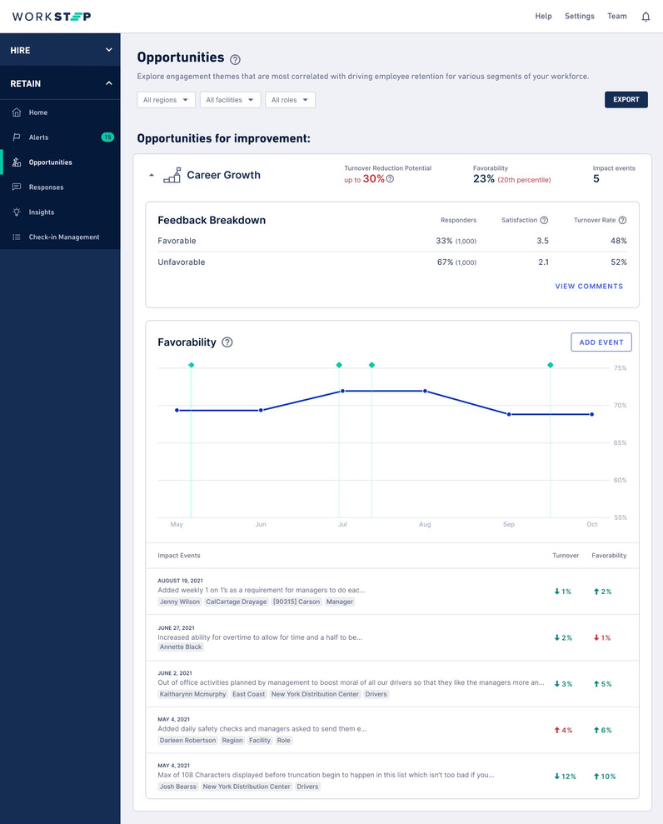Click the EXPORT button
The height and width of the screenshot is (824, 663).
[x=626, y=99]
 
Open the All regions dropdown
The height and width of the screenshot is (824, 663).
[x=166, y=100]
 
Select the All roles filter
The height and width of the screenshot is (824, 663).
[x=290, y=100]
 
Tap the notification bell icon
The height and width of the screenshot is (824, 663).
[x=646, y=17]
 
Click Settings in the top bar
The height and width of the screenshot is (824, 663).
[x=580, y=17]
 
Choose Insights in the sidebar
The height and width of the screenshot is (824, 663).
[x=42, y=212]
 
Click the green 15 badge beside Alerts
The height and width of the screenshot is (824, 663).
[x=107, y=137]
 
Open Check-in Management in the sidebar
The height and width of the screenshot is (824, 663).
[x=64, y=237]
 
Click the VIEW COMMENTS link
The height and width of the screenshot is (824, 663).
[x=589, y=287]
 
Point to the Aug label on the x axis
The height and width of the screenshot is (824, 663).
[x=425, y=524]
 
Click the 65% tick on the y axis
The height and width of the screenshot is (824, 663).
[x=620, y=443]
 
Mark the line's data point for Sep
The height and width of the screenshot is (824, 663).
[x=509, y=414]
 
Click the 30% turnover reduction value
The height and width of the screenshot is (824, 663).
[x=373, y=178]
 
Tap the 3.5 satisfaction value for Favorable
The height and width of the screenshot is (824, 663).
[x=543, y=241]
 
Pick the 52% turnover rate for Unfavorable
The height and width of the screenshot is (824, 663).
[x=619, y=262]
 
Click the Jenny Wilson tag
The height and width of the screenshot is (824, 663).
[x=180, y=602]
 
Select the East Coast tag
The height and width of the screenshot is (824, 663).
[x=248, y=694]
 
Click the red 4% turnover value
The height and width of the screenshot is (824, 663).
[x=563, y=730]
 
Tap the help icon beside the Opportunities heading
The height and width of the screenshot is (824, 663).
[x=236, y=59]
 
